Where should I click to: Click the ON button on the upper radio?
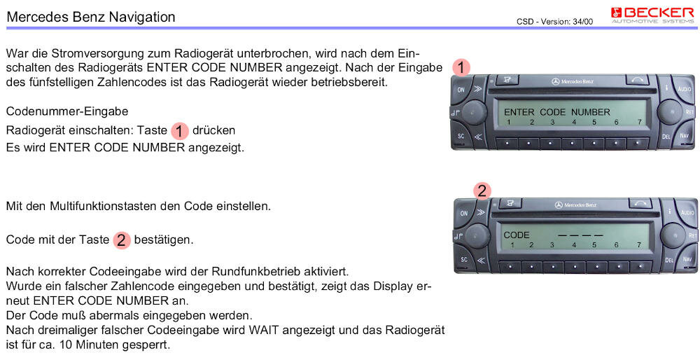[461, 90]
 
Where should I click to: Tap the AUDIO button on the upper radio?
[684, 90]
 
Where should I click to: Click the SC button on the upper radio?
[462, 136]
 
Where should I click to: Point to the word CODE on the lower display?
[517, 235]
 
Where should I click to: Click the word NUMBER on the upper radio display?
[590, 112]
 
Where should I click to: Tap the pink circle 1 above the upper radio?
[461, 67]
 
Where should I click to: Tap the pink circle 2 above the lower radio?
[482, 191]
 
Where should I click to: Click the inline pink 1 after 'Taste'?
[180, 131]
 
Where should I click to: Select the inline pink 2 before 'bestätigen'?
[122, 240]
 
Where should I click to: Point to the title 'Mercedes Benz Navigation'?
[90, 16]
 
